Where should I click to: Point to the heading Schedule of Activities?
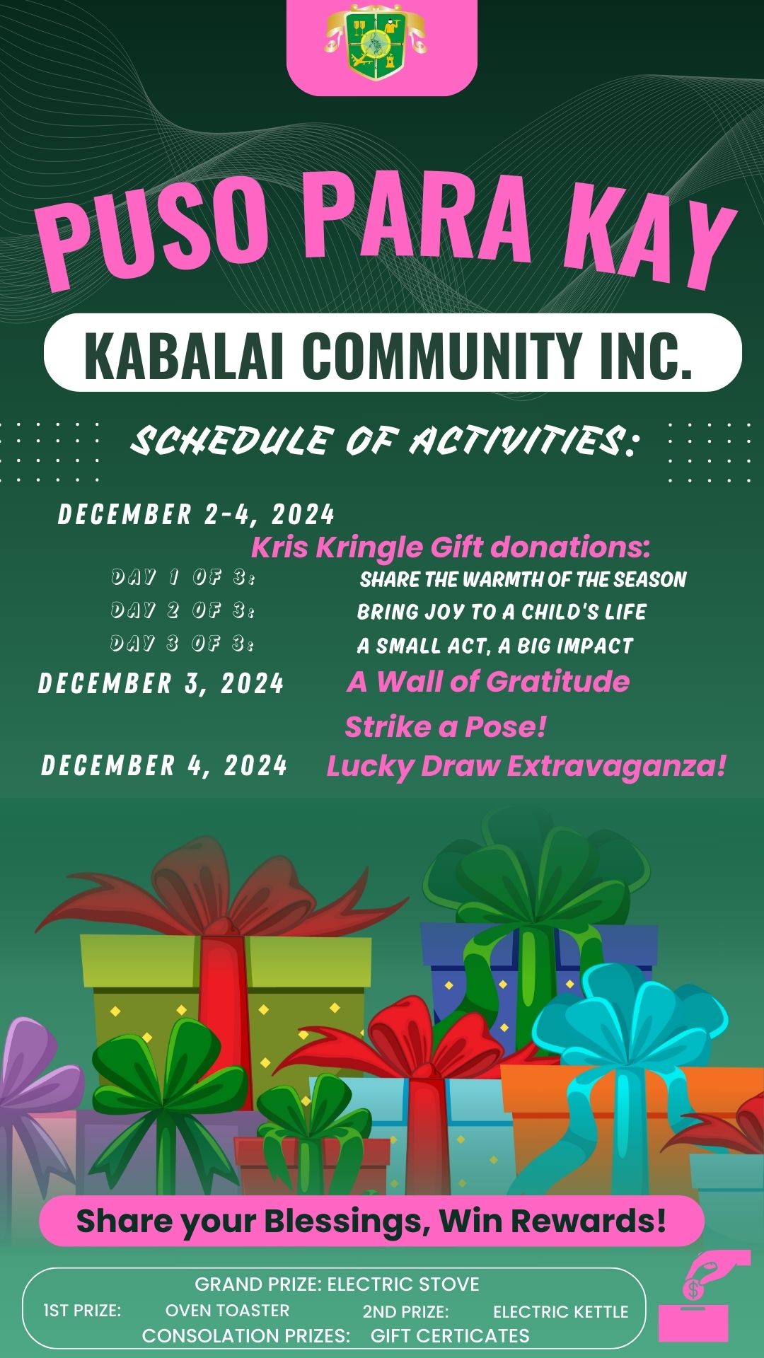(x=385, y=441)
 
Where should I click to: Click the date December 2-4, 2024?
(x=196, y=514)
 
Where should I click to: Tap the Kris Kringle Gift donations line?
(x=451, y=547)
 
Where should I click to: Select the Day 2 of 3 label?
(x=183, y=610)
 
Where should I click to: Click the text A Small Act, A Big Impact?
(x=494, y=646)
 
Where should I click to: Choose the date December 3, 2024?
(x=161, y=683)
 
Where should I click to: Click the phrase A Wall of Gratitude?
(x=488, y=682)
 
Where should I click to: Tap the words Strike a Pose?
(x=446, y=727)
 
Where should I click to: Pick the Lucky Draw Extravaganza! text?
(x=526, y=767)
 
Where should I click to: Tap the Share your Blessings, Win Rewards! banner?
(x=371, y=1221)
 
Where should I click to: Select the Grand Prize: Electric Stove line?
(x=337, y=1284)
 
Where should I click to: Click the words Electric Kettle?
(x=560, y=1312)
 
